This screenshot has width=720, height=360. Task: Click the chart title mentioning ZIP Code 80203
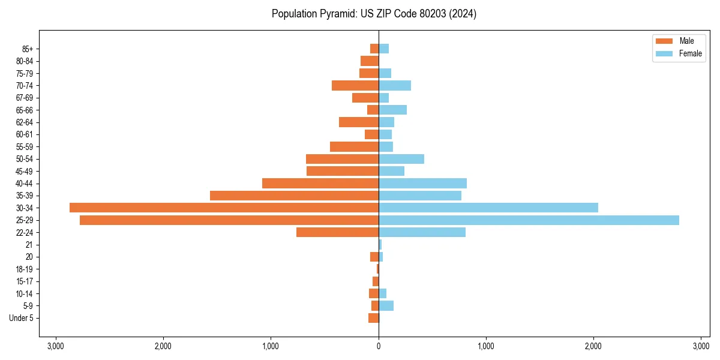point(374,14)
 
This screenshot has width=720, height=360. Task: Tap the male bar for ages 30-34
point(224,208)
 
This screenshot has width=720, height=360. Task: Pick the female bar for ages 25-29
point(529,220)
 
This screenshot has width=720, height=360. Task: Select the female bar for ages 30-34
point(488,208)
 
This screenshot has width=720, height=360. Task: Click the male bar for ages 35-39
point(294,196)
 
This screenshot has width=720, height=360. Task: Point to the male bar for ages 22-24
point(337,232)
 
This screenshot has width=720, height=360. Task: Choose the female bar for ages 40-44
point(422,183)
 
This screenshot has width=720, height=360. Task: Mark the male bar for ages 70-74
point(355,85)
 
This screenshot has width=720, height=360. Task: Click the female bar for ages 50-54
point(401,159)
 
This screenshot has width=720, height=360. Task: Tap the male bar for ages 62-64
point(359,122)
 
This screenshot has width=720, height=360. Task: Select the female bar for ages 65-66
point(392,110)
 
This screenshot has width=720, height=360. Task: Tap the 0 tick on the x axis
point(379,346)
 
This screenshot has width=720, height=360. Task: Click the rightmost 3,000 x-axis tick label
point(701,346)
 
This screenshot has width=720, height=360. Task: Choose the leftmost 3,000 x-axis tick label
point(56,346)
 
